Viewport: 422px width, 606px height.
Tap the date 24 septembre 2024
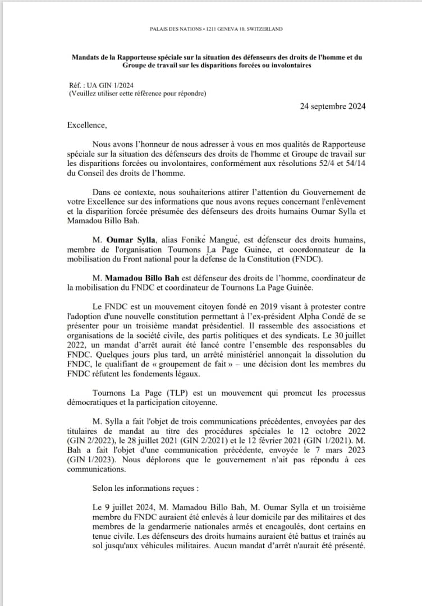[332, 107]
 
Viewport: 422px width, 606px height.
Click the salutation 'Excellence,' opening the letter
[86, 125]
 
